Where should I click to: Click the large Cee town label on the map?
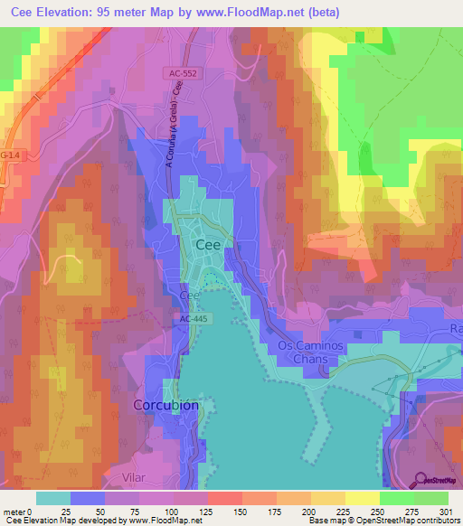pyautogui.click(x=209, y=245)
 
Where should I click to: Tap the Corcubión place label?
pyautogui.click(x=165, y=406)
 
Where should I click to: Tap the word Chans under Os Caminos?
pyautogui.click(x=309, y=359)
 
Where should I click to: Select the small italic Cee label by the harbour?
pyautogui.click(x=188, y=296)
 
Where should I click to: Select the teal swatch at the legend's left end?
pyautogui.click(x=52, y=498)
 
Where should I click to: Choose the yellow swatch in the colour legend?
pyautogui.click(x=361, y=498)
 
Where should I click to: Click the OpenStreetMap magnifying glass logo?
pyautogui.click(x=422, y=478)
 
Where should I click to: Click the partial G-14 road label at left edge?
pyautogui.click(x=9, y=155)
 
